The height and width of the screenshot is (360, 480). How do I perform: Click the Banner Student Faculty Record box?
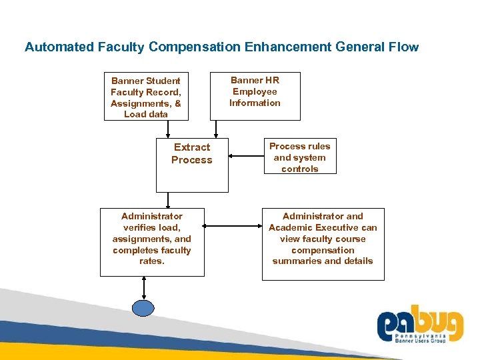point(146,97)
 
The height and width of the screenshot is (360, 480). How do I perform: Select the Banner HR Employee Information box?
point(255,92)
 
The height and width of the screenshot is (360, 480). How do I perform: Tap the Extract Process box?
point(192,165)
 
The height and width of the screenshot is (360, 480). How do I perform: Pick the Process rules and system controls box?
point(299,157)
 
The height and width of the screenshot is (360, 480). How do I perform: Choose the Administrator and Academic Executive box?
point(323,243)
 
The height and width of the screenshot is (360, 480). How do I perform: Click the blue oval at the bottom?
point(143,307)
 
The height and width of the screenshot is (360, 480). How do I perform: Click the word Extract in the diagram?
point(192,147)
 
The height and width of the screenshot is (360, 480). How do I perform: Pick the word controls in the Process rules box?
point(300,169)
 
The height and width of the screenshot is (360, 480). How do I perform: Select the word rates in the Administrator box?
point(151,261)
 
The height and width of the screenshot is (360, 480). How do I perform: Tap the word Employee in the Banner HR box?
point(255,92)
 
